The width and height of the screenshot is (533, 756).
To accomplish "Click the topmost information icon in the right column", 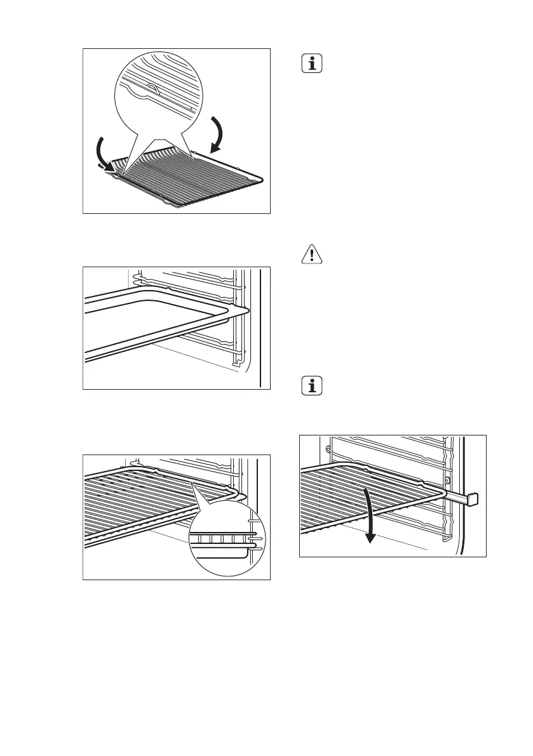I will pos(313,64).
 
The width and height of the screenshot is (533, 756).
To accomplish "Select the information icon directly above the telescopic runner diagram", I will pos(313,386).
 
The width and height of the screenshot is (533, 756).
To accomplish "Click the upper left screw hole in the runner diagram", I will pos(328,449).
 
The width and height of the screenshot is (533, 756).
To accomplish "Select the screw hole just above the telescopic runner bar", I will pos(447,480).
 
